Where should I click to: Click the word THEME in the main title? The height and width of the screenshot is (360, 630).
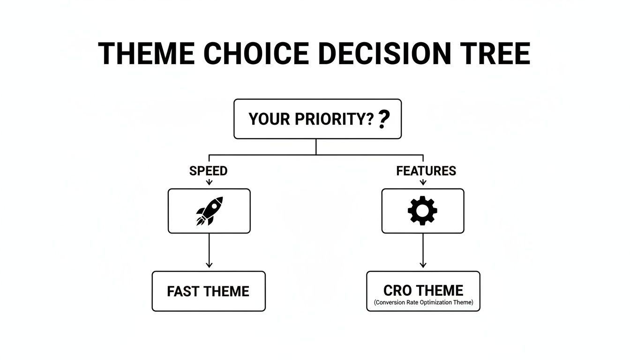pyautogui.click(x=146, y=53)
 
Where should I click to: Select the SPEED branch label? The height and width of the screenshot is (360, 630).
pyautogui.click(x=209, y=171)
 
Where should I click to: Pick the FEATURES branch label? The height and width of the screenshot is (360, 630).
pyautogui.click(x=426, y=171)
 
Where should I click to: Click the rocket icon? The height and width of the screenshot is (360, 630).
pyautogui.click(x=209, y=211)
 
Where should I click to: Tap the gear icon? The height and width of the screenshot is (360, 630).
pyautogui.click(x=422, y=211)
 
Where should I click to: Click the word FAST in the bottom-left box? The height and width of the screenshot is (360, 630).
pyautogui.click(x=184, y=292)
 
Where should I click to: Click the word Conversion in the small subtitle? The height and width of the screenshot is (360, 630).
pyautogui.click(x=391, y=303)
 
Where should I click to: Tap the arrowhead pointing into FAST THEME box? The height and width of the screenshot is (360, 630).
pyautogui.click(x=209, y=265)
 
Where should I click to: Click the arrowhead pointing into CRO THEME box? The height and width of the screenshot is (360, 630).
pyautogui.click(x=423, y=265)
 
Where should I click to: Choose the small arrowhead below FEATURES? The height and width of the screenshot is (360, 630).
pyautogui.click(x=423, y=182)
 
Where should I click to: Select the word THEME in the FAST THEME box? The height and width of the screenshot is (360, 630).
pyautogui.click(x=226, y=292)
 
